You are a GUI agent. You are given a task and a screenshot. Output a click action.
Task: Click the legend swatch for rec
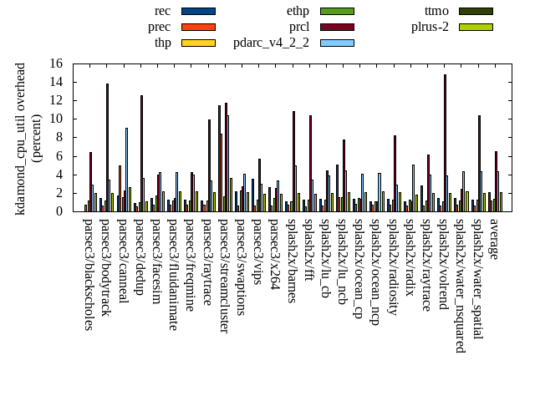(x=198, y=11)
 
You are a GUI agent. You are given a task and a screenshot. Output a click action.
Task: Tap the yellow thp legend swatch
(x=198, y=43)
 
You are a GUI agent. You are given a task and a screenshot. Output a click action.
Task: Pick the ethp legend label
(x=298, y=11)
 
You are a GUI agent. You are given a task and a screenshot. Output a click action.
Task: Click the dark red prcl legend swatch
(x=337, y=27)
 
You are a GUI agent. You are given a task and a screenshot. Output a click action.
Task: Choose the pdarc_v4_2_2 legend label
(x=271, y=43)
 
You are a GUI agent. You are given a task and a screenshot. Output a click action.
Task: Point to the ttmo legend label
(x=436, y=11)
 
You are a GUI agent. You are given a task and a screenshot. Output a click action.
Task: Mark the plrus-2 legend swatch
(x=476, y=27)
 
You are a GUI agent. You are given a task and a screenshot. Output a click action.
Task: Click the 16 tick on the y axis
(x=56, y=63)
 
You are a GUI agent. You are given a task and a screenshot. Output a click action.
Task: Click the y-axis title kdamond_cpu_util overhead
(x=21, y=138)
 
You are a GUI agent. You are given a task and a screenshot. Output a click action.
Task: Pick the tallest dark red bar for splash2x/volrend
(x=445, y=143)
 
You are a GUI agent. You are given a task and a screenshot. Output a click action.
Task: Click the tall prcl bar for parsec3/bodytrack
(x=107, y=147)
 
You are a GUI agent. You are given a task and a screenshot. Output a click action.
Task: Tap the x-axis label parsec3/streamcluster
(x=223, y=276)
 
